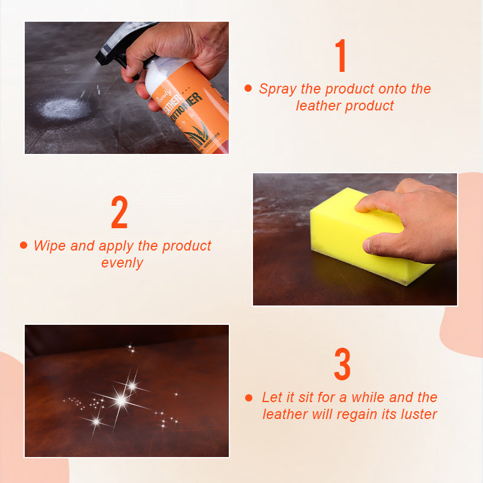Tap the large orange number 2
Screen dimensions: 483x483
coord(120,212)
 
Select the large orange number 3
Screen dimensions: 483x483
coord(342,364)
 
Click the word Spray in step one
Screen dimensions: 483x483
coord(278,89)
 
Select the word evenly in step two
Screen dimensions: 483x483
coord(123,263)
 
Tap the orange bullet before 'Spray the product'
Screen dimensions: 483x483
coord(248,89)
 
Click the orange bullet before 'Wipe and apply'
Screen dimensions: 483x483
coord(24,245)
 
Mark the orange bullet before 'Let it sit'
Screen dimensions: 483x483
coord(248,397)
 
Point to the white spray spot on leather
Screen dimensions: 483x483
coord(63,108)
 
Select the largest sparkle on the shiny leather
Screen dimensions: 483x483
coord(121,400)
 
